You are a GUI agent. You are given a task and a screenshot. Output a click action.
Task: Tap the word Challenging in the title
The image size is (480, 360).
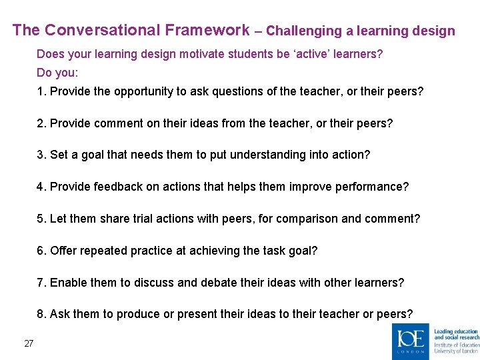point(307,31)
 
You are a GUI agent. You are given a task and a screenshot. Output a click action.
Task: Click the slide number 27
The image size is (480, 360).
point(29,343)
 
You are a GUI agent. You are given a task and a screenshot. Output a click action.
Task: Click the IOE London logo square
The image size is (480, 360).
point(411,341)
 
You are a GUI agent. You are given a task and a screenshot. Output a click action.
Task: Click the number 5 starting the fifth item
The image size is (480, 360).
point(40,219)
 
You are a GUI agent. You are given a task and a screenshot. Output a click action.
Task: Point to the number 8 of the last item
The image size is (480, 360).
point(40,315)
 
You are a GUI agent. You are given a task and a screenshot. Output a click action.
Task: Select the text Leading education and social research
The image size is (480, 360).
point(456,334)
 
